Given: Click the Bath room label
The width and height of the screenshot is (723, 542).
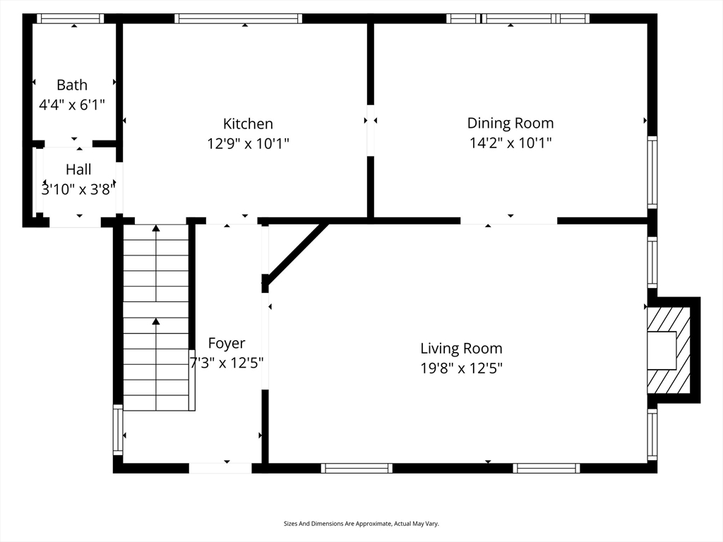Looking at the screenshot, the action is (72, 85).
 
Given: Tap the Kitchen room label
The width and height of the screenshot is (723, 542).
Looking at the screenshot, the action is (248, 124).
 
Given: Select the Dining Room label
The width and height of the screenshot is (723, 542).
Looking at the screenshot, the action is (510, 123).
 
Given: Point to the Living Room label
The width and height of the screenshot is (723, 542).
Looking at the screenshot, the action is (461, 348).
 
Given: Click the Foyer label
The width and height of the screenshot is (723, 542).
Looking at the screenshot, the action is (227, 344).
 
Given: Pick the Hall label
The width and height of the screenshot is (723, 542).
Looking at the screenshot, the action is (78, 169).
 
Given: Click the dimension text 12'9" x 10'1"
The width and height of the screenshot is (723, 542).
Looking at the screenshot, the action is (248, 144).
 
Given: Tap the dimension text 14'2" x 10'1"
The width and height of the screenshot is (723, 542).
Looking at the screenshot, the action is (510, 143).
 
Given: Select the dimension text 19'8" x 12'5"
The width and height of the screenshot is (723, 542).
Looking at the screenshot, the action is (461, 368).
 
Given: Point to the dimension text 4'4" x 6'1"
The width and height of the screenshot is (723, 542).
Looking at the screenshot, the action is (72, 105).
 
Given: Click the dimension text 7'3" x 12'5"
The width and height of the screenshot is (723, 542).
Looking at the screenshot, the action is (227, 363).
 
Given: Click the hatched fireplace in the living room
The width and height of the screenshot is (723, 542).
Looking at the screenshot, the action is (669, 351).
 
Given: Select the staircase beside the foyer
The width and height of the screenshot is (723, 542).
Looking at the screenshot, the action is (157, 318).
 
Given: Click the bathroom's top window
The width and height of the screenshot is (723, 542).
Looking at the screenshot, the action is (70, 18).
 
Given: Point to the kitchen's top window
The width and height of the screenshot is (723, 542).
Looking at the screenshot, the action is (239, 18).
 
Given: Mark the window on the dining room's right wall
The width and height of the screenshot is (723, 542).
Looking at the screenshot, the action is (652, 172).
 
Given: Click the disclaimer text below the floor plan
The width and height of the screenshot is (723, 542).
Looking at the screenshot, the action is (361, 524).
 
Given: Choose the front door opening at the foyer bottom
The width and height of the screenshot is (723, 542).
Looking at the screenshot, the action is (220, 469).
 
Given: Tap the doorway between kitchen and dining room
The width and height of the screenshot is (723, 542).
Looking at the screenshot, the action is (371, 131).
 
